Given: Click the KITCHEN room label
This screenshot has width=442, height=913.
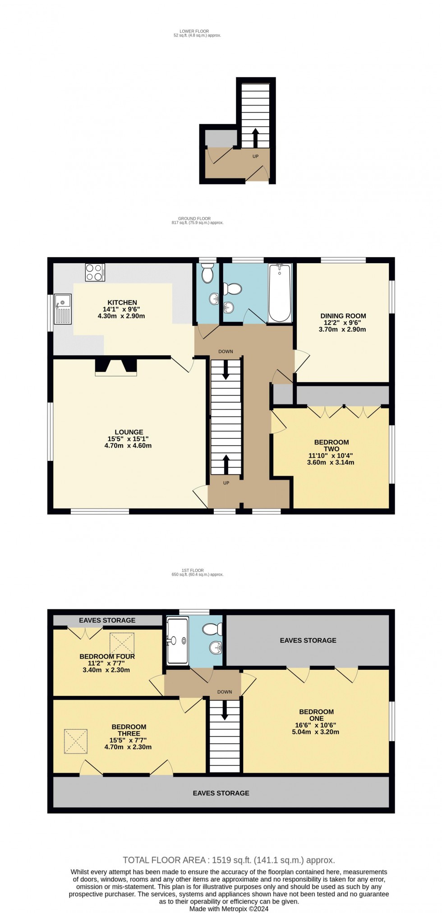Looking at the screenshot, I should (x=122, y=302).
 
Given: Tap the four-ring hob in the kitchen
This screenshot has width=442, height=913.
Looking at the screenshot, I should (x=95, y=273).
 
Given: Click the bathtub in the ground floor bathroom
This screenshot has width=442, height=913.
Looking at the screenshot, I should (x=280, y=293).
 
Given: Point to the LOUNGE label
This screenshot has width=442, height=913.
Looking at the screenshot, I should (x=129, y=432).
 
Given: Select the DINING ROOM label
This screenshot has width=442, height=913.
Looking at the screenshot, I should (x=343, y=316).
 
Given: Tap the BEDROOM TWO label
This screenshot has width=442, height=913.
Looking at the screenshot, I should (x=331, y=445).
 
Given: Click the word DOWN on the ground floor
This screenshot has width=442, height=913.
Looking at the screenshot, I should (x=226, y=352).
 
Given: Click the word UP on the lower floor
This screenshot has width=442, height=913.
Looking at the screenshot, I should (x=255, y=156).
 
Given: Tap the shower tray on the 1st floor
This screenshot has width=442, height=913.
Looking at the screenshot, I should (x=177, y=641).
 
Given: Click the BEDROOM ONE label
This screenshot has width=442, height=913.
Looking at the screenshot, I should (x=316, y=715).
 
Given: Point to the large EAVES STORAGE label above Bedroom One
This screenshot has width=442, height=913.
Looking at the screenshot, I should (x=308, y=640).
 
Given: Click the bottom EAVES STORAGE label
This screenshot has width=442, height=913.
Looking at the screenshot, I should (x=221, y=793).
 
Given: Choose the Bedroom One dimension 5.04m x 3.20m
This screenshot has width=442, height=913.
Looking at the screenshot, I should (x=316, y=732).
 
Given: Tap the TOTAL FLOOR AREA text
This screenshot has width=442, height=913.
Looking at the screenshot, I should (x=229, y=860).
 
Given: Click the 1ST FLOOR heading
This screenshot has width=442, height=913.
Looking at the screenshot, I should (x=197, y=570).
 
